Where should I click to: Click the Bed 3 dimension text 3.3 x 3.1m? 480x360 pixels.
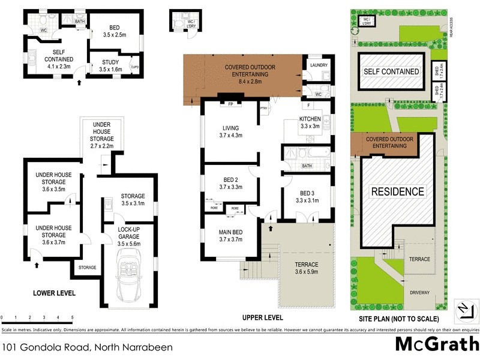[x=307, y=201]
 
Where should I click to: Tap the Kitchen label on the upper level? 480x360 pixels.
[x=310, y=119]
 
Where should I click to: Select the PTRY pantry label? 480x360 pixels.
[x=263, y=108]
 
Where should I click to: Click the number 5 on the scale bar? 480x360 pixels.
[x=72, y=317]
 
